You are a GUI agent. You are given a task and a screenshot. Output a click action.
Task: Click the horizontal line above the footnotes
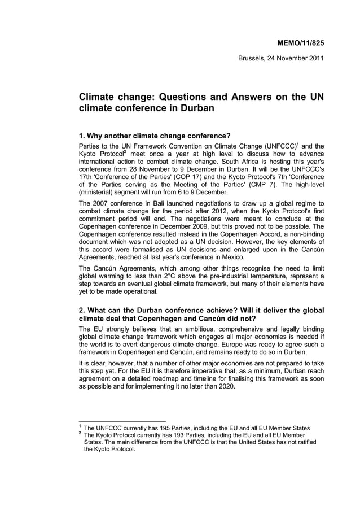(x=122, y=421)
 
